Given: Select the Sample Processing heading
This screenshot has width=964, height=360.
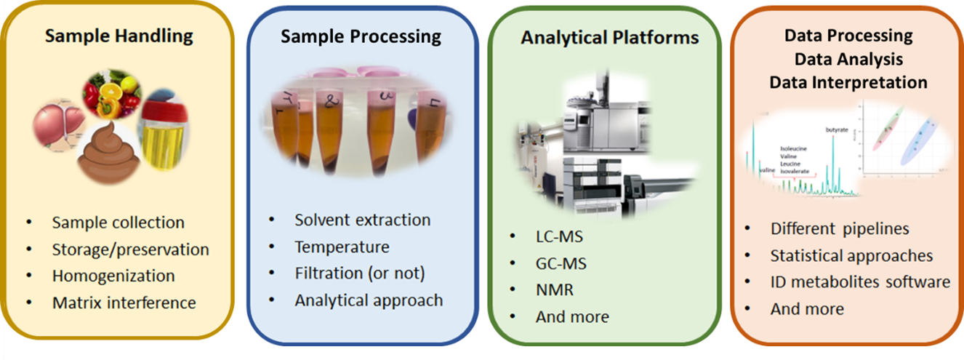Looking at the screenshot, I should pyautogui.click(x=361, y=36).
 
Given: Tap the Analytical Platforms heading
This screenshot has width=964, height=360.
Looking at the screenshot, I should pyautogui.click(x=609, y=37).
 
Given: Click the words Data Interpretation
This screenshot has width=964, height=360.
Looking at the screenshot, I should pyautogui.click(x=848, y=82).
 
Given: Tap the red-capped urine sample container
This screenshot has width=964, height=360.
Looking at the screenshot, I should pyautogui.click(x=164, y=131).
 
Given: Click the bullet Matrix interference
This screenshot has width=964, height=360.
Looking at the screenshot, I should pyautogui.click(x=124, y=302).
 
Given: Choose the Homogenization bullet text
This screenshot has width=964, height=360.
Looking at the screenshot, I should pyautogui.click(x=113, y=276).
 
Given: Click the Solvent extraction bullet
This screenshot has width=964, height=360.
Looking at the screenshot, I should pyautogui.click(x=362, y=220).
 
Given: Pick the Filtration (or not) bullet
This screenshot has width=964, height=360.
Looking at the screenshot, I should pyautogui.click(x=359, y=273).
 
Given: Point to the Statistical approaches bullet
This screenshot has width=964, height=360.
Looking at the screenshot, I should pyautogui.click(x=851, y=255).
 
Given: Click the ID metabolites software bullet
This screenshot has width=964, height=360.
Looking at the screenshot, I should pyautogui.click(x=860, y=281).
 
